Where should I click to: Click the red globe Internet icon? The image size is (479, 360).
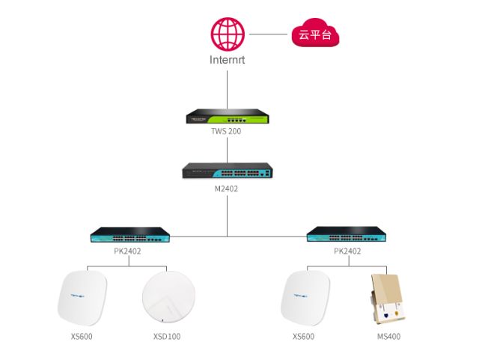228,34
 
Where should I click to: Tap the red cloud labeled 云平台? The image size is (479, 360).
315,33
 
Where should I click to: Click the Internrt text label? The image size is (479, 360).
227,60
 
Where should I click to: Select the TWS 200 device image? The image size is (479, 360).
228,116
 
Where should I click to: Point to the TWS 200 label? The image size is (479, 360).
226,131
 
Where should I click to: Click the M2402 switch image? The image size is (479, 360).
228,171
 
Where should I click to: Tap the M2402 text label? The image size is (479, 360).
226,189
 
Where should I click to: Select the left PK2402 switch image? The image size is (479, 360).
130,235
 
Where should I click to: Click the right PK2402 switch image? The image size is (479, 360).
347,234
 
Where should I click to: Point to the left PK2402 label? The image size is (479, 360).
127,251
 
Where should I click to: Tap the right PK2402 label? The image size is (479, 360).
347,251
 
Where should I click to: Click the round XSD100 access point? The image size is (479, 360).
168,296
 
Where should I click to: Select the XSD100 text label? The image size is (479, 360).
167,337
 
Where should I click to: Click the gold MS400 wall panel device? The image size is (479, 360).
388,299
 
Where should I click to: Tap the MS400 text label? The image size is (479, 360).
388,337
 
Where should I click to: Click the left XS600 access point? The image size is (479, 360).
82,298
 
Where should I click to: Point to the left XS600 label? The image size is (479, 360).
82,337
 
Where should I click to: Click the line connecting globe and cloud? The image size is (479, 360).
268,34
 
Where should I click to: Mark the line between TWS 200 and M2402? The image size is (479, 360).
227,150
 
